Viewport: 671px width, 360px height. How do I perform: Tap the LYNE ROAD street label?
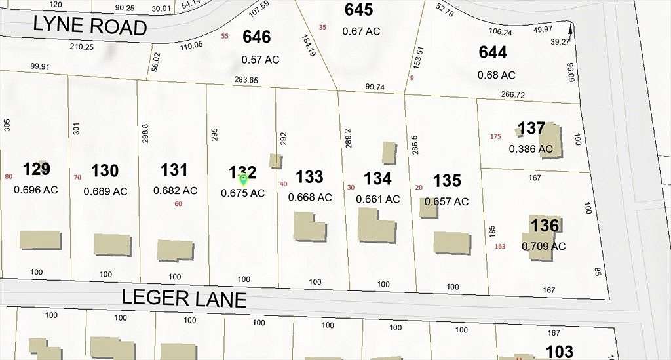coord(90,26)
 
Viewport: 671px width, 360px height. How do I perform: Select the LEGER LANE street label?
coord(184,298)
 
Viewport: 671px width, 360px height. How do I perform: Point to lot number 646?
coord(257,37)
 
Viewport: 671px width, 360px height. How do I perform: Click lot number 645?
coord(358,10)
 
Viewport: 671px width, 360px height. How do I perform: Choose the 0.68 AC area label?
coord(497,75)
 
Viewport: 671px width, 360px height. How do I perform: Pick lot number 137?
coord(531,128)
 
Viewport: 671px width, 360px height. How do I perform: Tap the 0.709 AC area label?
coord(543,247)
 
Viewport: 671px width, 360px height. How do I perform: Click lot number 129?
coord(37,169)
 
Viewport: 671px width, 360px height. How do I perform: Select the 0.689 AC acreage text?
coord(105,191)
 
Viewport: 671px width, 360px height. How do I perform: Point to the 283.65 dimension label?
coord(246,81)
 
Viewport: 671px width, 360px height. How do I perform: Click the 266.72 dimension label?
coord(512,95)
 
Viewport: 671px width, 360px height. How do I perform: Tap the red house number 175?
coord(495,136)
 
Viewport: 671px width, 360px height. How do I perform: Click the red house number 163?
coord(500,247)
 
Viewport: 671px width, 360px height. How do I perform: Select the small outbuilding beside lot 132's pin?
coord(276,161)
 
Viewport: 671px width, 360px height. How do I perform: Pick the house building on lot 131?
coord(176,250)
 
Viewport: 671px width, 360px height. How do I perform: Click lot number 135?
coord(447,180)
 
